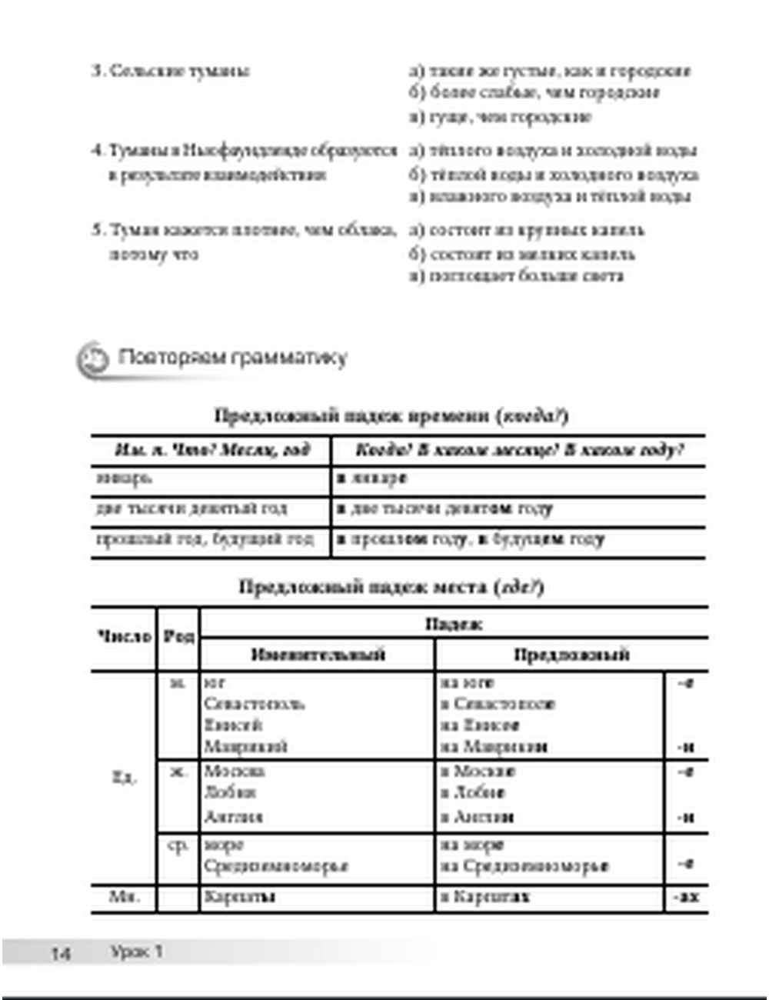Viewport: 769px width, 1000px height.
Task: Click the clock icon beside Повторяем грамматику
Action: click(94, 358)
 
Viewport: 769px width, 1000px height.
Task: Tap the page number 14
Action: click(62, 954)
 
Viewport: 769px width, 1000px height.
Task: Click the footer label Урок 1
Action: click(137, 952)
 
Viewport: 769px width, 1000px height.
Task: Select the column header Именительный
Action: click(318, 655)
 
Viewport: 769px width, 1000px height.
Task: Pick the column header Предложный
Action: click(571, 655)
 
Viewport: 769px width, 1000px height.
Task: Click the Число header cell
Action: click(124, 637)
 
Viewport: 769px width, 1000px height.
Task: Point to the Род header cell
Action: click(178, 637)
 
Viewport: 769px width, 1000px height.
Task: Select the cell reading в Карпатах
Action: click(485, 897)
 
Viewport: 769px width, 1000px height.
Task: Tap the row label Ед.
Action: click(124, 778)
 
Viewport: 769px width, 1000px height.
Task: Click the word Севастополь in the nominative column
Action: click(255, 704)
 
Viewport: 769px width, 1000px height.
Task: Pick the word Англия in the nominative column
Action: click(234, 817)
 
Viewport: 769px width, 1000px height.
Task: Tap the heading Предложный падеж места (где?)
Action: click(391, 588)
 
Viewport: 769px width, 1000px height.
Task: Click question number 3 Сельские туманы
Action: click(171, 72)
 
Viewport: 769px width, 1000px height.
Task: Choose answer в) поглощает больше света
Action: click(517, 276)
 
